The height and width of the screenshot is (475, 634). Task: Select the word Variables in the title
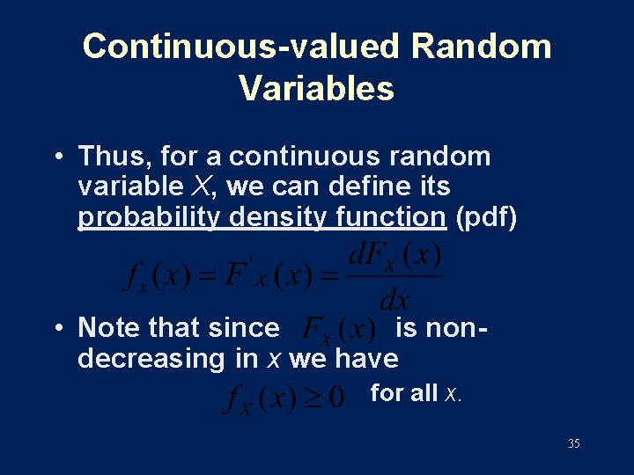click(316, 88)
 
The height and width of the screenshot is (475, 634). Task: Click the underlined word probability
click(149, 217)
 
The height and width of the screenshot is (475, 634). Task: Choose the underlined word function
click(393, 217)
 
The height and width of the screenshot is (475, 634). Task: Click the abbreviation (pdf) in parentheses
click(485, 217)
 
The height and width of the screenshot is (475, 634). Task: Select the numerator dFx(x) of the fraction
click(394, 259)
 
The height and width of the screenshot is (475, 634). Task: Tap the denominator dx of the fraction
click(394, 299)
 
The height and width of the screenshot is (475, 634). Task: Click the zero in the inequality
click(335, 398)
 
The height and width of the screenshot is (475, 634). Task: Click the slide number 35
click(573, 444)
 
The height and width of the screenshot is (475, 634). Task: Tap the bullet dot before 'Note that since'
click(58, 329)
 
